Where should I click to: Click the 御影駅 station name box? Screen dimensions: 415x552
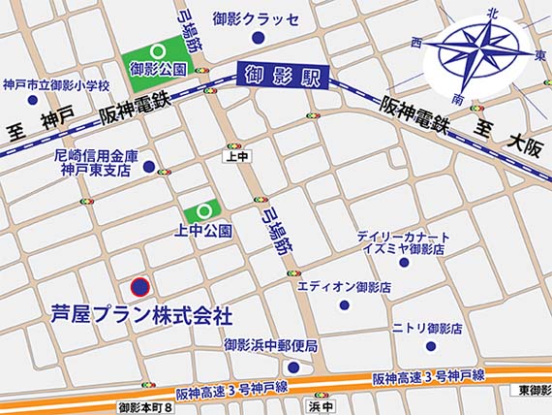[282, 75]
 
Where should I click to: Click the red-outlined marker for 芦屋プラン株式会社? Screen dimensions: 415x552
[140, 287]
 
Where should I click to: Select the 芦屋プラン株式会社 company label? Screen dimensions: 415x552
[141, 315]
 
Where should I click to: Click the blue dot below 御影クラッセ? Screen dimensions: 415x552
[258, 38]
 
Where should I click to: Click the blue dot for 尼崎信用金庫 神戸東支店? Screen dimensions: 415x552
[148, 167]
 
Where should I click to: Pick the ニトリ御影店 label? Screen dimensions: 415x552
[428, 328]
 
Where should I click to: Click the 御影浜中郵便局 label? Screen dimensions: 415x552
[271, 345]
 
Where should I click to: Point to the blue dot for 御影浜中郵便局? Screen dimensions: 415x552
[293, 367]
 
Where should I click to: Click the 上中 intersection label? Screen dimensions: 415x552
[233, 154]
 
